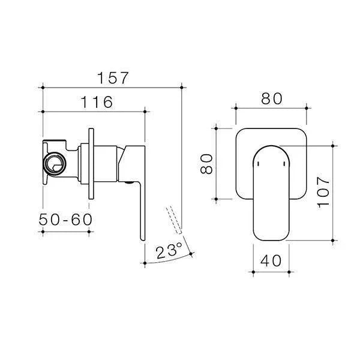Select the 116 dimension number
tap(94, 102)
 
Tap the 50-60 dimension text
tap(67, 220)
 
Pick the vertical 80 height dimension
tap(206, 164)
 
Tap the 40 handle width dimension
tap(271, 262)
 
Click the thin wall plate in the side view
tap(91, 162)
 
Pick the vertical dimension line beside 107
tap(334, 192)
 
